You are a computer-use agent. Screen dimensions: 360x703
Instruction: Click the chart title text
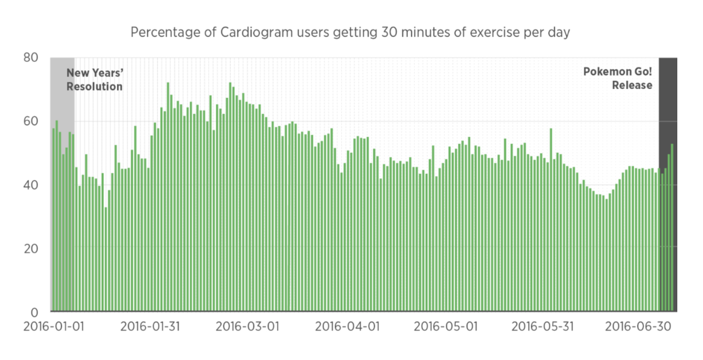tap(350, 32)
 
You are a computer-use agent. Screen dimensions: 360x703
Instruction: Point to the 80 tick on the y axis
tap(31, 58)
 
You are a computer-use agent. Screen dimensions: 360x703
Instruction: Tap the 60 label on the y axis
tap(31, 121)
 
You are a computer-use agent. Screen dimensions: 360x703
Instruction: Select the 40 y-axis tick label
tap(31, 184)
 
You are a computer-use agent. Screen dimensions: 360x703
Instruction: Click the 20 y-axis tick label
tap(31, 248)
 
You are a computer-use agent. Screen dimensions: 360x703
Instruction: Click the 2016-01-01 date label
tap(54, 327)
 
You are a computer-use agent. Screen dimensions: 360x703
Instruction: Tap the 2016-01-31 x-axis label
tap(150, 327)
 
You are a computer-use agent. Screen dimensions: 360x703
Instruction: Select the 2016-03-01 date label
tap(247, 327)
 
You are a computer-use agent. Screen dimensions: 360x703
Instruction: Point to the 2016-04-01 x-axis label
tap(346, 327)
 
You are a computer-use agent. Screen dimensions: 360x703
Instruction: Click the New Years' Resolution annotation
tap(94, 80)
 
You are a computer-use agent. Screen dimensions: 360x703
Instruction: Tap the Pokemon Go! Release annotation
tap(619, 78)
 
